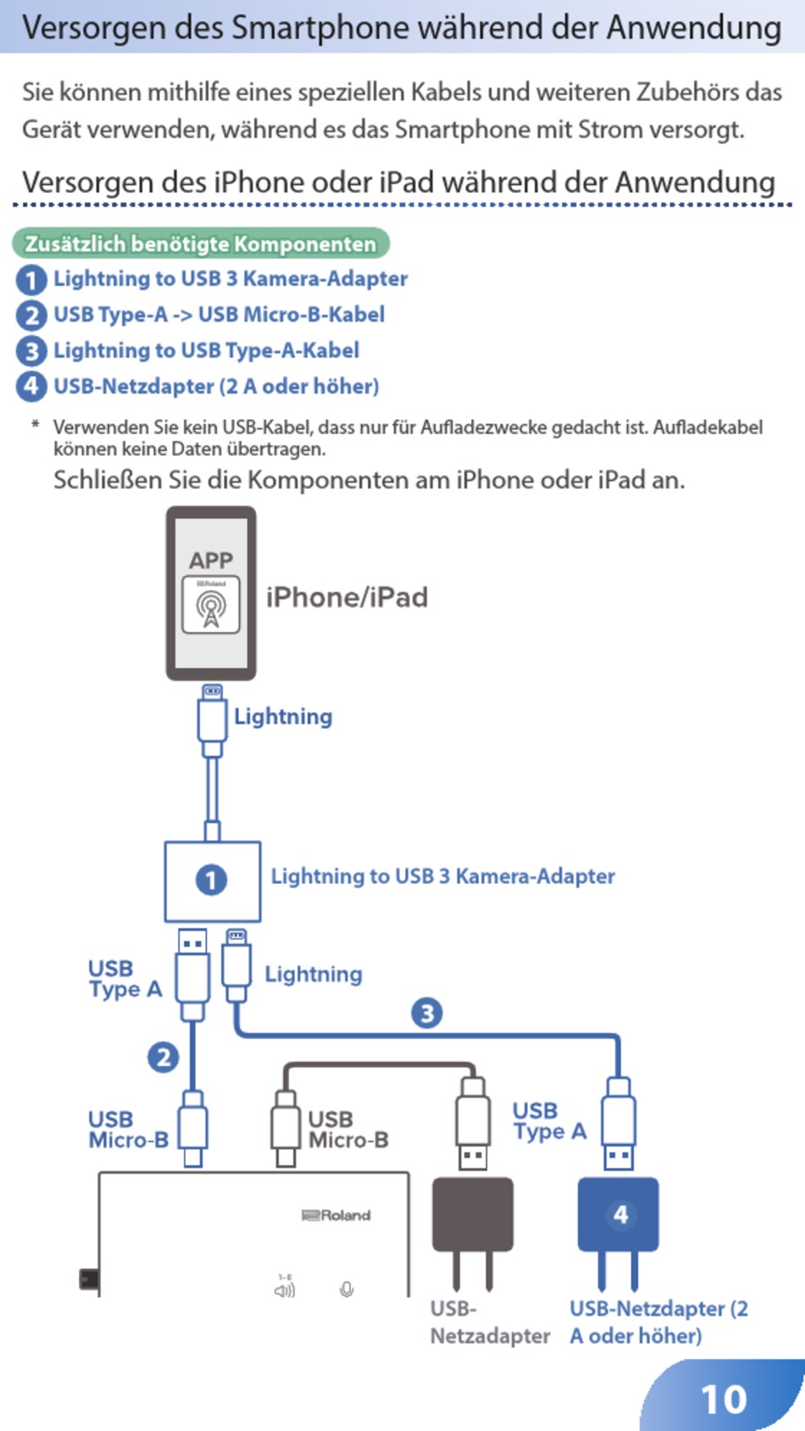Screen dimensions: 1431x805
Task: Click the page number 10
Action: click(x=724, y=1399)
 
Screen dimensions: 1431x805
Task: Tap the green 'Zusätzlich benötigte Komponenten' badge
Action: click(x=201, y=244)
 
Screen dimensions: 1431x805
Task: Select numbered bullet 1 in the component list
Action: click(x=31, y=279)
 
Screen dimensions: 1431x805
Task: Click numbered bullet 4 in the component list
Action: click(x=31, y=386)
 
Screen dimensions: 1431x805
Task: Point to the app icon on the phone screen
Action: click(x=211, y=605)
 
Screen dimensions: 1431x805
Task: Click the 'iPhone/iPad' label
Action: click(x=347, y=597)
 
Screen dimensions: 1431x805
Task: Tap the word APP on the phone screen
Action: click(x=211, y=561)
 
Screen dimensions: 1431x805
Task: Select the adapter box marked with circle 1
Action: click(x=212, y=881)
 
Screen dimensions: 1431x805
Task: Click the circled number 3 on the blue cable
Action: click(x=427, y=1013)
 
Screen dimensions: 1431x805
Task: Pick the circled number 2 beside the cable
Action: click(x=164, y=1057)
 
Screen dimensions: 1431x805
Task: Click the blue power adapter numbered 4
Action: click(x=619, y=1215)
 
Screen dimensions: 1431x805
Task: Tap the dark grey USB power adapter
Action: click(x=473, y=1215)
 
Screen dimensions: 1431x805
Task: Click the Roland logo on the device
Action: click(x=337, y=1215)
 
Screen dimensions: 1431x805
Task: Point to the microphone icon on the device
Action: click(x=347, y=1290)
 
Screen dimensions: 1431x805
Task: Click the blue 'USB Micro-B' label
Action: click(x=128, y=1130)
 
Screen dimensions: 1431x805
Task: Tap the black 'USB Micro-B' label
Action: click(x=347, y=1130)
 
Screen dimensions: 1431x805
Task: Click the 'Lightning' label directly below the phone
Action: click(x=283, y=716)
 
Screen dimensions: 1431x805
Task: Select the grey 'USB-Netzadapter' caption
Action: click(x=489, y=1322)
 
